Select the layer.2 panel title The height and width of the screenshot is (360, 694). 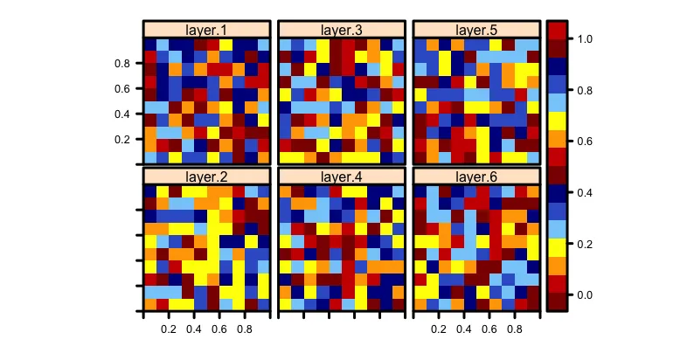coord(206,177)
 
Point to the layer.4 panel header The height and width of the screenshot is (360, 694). coord(341,177)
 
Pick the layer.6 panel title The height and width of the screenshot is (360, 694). coord(475,177)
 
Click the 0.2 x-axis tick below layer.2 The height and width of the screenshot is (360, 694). coord(169,330)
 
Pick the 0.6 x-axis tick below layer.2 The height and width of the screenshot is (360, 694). coord(219,330)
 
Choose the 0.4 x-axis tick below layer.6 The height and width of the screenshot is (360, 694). coord(463,330)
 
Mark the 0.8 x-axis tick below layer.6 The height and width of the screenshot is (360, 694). coord(514,330)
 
